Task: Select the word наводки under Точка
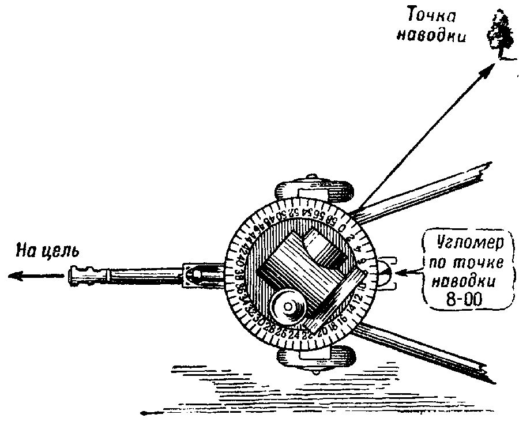(426, 35)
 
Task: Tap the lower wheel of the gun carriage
(315, 357)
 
